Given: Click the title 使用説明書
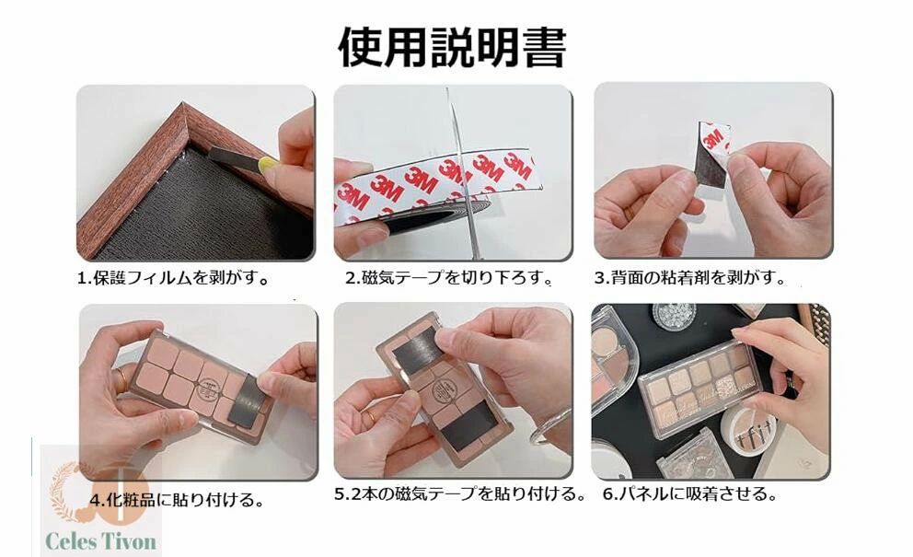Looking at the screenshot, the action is [452, 47].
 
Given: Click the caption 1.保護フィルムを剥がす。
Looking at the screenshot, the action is [174, 278].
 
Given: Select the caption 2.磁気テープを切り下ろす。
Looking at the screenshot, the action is [449, 278].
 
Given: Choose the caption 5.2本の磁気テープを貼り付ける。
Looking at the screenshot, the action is [460, 494].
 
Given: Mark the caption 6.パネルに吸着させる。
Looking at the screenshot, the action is [690, 494].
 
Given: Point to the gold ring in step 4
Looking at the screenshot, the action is [121, 379].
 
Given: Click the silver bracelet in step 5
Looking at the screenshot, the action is [550, 428].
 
